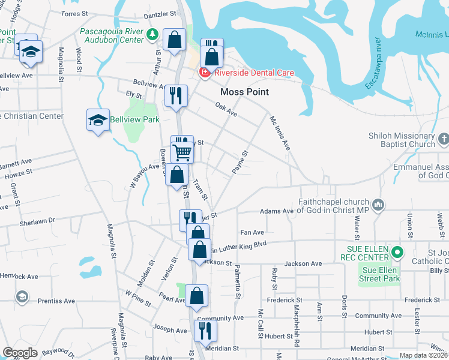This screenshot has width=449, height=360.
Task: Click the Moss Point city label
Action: [x=244, y=92]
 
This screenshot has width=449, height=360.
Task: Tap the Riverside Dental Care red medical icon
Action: [x=205, y=73]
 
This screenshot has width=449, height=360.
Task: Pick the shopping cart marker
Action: [x=182, y=151]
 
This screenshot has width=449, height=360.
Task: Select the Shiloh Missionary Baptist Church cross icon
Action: [x=443, y=140]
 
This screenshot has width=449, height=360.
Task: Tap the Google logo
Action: [x=20, y=353]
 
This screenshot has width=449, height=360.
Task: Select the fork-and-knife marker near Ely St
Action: [x=176, y=95]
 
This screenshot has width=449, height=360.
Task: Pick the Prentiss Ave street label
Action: [x=58, y=300]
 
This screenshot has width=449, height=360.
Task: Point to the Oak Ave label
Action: [x=226, y=109]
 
